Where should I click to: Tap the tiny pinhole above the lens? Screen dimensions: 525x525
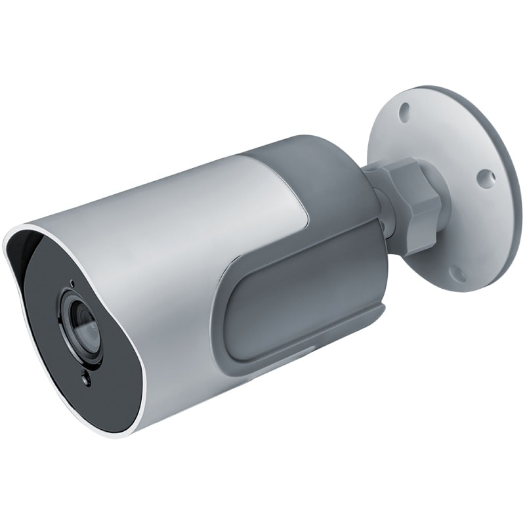pos(71,284)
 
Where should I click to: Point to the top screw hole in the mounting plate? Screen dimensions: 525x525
pos(406,108)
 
